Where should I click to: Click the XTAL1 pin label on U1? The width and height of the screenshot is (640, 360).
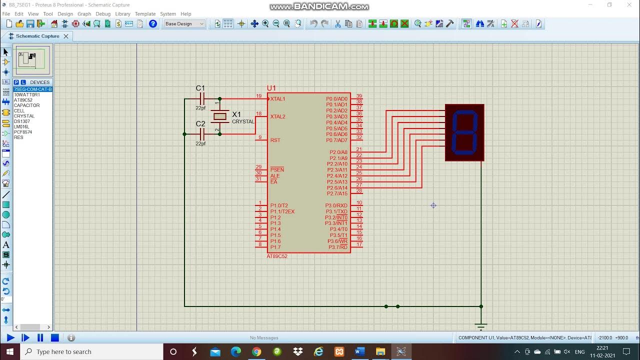pos(278,99)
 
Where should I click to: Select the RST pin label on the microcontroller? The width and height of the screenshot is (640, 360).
pos(275,140)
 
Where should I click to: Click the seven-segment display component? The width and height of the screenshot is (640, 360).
pos(464,132)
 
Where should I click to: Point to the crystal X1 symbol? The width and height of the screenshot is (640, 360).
pos(220,116)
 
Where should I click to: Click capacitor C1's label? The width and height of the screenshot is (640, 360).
pos(200,88)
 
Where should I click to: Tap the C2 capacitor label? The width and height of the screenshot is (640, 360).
pos(200,124)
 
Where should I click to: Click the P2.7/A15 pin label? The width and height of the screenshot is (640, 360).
pos(337,193)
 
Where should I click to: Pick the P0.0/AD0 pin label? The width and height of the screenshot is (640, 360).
pos(336,99)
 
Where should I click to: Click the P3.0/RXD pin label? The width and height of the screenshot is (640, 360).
pos(336,205)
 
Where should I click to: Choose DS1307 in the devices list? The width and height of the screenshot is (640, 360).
pos(22,121)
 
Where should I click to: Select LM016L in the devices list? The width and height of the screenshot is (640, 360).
pos(21,127)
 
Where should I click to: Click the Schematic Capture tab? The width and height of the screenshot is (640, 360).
pos(37,36)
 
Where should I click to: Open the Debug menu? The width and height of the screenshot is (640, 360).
pos(103,14)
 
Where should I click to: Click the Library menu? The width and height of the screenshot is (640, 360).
pos(122,14)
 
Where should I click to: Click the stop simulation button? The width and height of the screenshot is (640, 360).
pos(55,338)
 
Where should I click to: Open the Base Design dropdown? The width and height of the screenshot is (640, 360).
pos(184,24)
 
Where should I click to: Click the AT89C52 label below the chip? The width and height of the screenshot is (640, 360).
pos(277,256)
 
